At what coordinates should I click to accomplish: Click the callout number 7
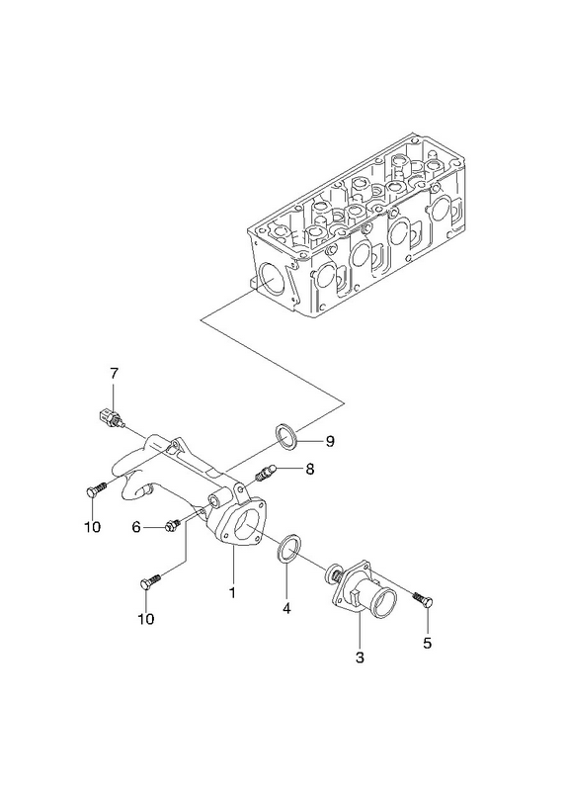[114, 374]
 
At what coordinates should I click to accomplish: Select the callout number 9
[330, 441]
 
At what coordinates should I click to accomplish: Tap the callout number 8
[309, 469]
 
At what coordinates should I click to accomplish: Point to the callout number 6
[136, 528]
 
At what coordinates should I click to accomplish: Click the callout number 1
[232, 592]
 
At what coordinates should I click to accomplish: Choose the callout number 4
[286, 609]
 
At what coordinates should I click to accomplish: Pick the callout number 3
[360, 658]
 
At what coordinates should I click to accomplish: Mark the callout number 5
[428, 644]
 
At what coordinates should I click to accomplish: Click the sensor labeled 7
[110, 419]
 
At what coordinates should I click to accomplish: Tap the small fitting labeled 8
[265, 472]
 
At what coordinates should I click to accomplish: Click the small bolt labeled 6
[171, 526]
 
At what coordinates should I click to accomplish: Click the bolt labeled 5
[424, 599]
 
